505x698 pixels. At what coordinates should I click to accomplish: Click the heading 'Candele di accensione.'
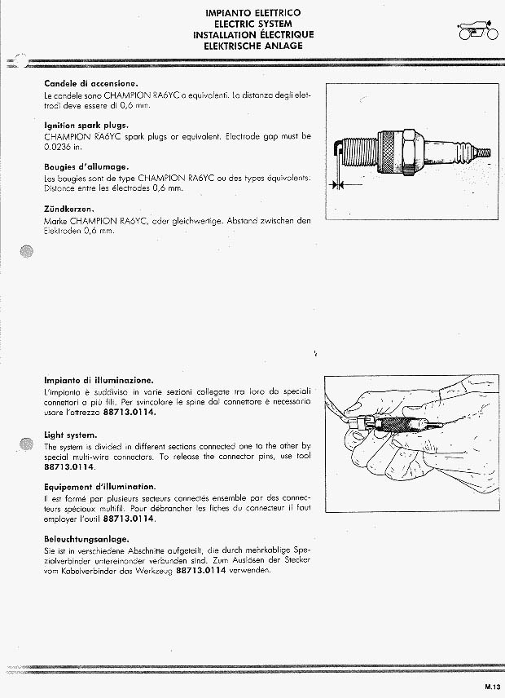coord(91,83)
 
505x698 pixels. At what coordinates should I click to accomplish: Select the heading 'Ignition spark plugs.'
coord(86,125)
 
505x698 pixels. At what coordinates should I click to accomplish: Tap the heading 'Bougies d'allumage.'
coord(86,167)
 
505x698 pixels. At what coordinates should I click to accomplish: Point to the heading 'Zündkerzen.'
coord(69,209)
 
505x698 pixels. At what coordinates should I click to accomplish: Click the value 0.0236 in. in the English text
coord(64,147)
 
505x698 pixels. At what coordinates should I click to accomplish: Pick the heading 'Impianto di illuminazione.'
coord(99,380)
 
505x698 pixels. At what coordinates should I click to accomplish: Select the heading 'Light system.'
coord(70,435)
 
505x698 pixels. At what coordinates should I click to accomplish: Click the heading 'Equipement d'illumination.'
coord(100,487)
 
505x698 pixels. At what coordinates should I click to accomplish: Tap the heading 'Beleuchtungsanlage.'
coord(86,539)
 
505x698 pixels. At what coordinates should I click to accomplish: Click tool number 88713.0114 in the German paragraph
coord(201,570)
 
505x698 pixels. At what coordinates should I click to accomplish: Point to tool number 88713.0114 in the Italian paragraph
coord(130,412)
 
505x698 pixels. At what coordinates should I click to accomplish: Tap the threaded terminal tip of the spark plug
coord(484,152)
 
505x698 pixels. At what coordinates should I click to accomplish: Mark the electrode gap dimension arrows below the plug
coord(348,183)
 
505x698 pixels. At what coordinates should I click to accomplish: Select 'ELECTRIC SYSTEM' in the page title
coord(253,24)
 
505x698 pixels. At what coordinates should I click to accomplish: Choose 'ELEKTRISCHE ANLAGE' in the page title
coord(253,46)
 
